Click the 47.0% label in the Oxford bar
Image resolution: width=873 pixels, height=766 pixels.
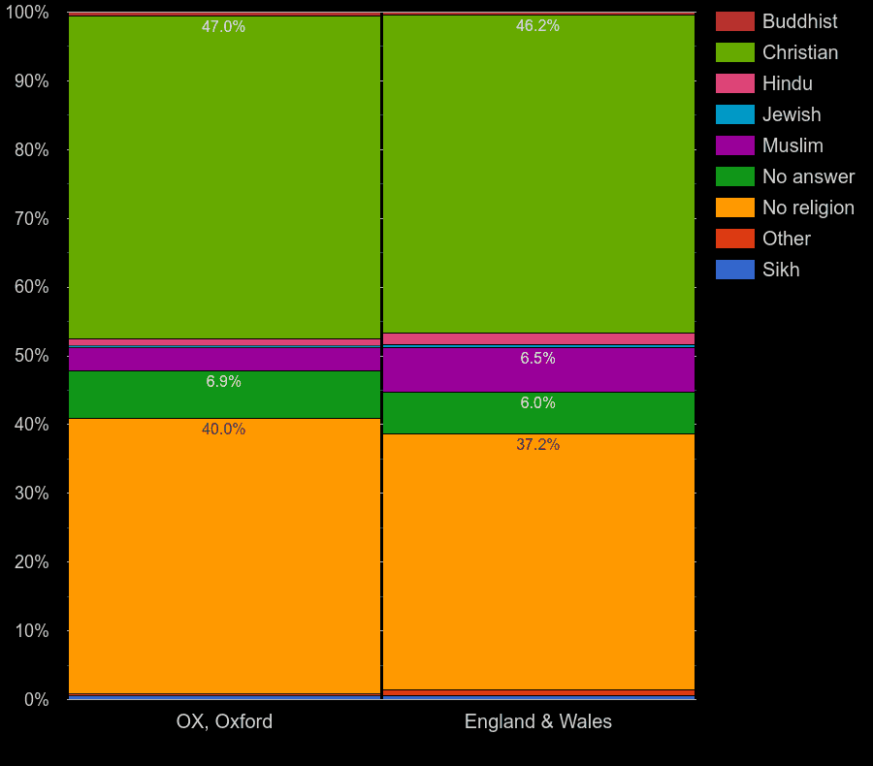coord(223,27)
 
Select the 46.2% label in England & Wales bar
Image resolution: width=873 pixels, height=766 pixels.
coord(537,26)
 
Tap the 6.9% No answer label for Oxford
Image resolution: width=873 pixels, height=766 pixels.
coord(223,382)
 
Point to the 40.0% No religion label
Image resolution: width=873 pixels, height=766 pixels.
coord(223,430)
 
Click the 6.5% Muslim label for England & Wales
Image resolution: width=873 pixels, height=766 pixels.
coord(537,359)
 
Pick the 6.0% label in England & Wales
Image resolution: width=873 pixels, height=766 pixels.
coord(537,403)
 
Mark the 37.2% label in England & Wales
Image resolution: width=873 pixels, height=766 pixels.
coord(537,445)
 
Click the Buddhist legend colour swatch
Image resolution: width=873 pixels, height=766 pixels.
coord(734,21)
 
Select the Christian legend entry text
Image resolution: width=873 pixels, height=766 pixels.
coord(799,52)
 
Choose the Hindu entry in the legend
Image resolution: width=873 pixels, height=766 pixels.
coord(787,83)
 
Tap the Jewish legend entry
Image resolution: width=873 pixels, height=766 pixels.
coord(791,114)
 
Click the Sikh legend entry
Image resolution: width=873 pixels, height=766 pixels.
coord(780,270)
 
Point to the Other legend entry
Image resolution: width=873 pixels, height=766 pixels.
coord(786,239)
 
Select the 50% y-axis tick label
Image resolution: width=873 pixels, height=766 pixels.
coord(31,356)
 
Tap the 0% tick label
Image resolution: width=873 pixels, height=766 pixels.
coord(36,699)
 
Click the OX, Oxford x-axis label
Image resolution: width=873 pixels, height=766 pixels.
coord(224,721)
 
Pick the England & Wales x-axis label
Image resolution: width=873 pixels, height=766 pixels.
coord(537,721)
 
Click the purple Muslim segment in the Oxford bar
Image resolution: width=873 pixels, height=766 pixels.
coord(224,359)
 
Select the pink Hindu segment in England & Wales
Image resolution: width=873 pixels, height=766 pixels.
coord(539,338)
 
